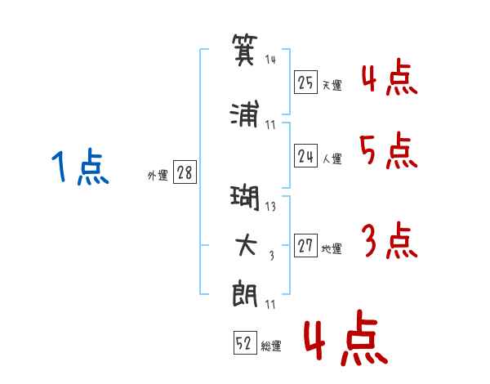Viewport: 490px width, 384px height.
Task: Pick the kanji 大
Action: (x=246, y=247)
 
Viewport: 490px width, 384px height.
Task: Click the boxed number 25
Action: (x=306, y=82)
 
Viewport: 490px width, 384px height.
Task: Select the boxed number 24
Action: (x=306, y=155)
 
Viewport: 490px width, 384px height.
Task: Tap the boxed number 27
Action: (x=306, y=247)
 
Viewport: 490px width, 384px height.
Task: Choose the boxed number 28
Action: (x=185, y=173)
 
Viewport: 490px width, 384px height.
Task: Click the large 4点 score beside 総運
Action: (x=345, y=341)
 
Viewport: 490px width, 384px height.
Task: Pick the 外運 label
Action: (x=158, y=175)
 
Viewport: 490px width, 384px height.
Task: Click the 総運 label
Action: (x=272, y=346)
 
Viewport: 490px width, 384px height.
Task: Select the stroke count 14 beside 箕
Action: (x=271, y=60)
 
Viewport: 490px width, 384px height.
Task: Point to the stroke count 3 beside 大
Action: (x=271, y=257)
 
